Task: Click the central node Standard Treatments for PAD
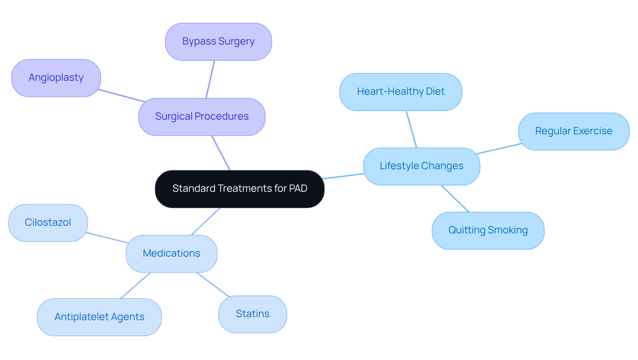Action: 240,189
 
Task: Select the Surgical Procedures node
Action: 202,117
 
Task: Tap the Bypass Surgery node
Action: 218,42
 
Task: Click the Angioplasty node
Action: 56,78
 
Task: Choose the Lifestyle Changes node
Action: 421,166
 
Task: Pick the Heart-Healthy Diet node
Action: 401,92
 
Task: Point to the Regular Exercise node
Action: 574,131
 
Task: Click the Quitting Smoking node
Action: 488,230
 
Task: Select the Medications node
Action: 171,254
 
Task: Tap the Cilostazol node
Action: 48,223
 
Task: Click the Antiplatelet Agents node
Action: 99,317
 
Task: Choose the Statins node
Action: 253,314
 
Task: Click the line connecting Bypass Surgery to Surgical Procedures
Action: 210,79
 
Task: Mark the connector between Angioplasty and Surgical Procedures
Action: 122,96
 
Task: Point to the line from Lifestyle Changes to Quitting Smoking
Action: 455,198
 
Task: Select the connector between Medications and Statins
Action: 213,285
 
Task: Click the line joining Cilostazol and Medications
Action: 107,238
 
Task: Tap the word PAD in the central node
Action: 298,188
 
